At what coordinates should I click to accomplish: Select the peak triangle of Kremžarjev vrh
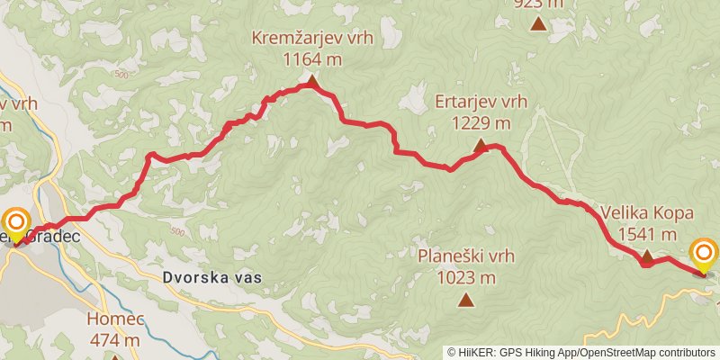point(312,82)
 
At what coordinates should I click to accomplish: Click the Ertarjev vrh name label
point(480,102)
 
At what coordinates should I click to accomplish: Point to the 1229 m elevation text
point(481,122)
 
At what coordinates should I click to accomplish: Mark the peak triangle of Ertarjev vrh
point(480,145)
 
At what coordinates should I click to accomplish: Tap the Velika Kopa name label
point(647,214)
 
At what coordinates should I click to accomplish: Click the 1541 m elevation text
point(647,234)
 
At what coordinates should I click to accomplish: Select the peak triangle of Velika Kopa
point(646,257)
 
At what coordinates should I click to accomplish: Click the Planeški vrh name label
point(466,257)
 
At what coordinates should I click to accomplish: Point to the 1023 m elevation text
point(466,277)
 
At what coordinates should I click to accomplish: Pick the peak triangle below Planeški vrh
point(466,300)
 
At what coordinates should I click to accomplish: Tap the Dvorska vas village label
point(213,278)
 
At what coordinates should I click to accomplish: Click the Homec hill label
point(113,319)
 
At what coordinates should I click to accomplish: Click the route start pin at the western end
point(17,225)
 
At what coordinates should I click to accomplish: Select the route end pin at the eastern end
point(703,255)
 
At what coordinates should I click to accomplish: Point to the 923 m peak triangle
point(538,23)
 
